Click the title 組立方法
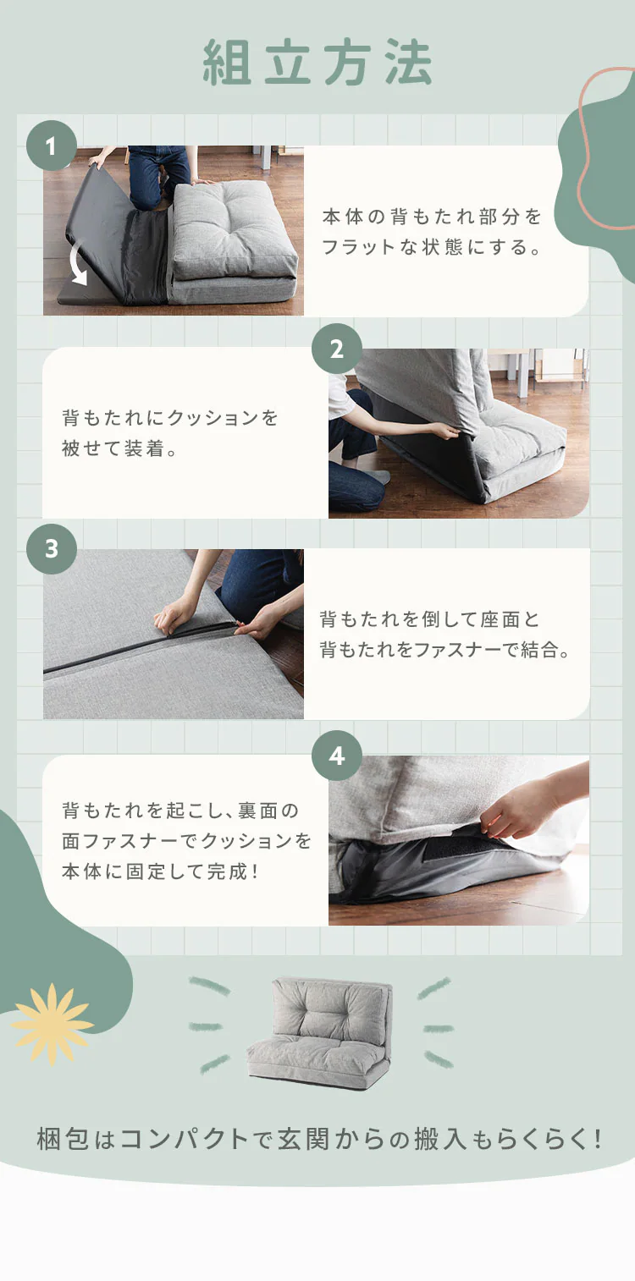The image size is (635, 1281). (x=317, y=63)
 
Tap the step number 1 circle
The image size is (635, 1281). (x=51, y=146)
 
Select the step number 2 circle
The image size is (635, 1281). (x=337, y=349)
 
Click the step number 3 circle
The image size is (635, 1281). (x=51, y=548)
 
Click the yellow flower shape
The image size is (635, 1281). (x=52, y=1024)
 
